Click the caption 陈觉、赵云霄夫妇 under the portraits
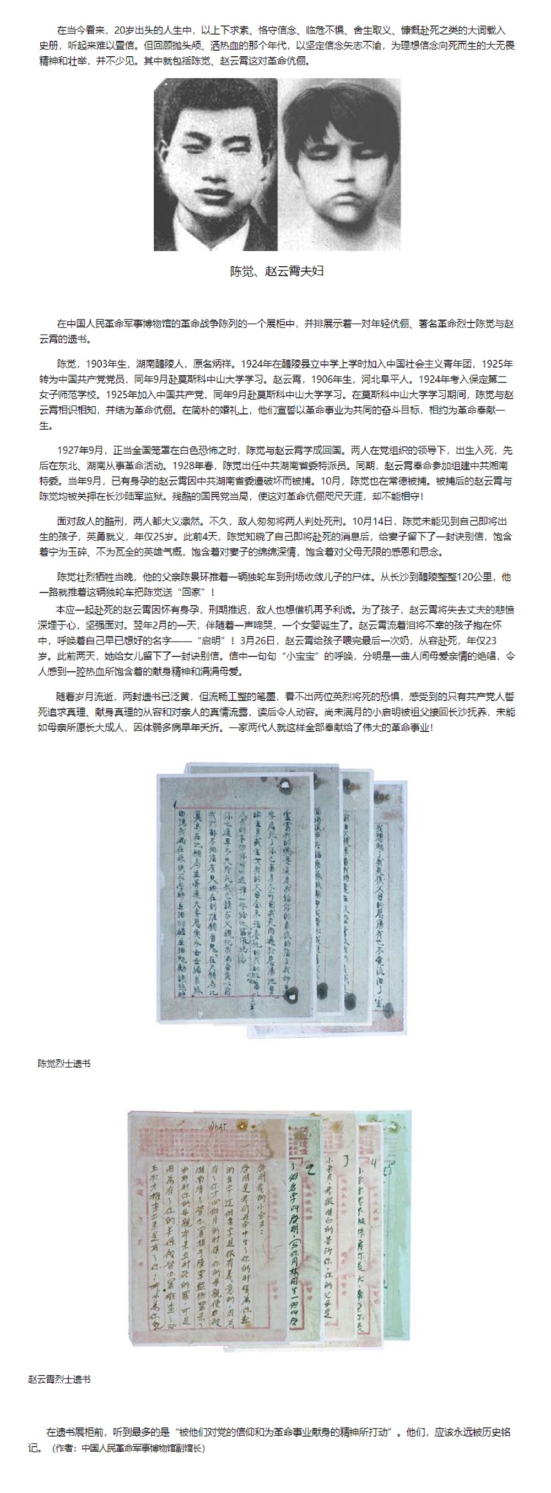tap(277, 271)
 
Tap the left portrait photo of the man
tap(215, 165)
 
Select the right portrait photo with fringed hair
tap(339, 165)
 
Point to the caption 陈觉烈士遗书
tap(64, 1064)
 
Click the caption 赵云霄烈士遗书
tap(59, 1379)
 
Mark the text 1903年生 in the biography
tap(104, 364)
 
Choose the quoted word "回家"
tap(192, 592)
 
